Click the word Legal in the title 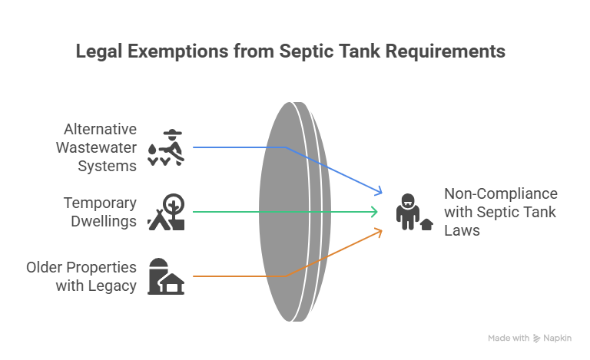point(97,51)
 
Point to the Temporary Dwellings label point(100,212)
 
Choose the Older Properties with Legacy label point(81,276)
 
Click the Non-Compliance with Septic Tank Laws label point(500,212)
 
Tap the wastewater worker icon point(167,146)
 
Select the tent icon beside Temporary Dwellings point(167,212)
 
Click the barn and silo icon point(167,276)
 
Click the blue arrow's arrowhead point(379,192)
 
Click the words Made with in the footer point(509,338)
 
